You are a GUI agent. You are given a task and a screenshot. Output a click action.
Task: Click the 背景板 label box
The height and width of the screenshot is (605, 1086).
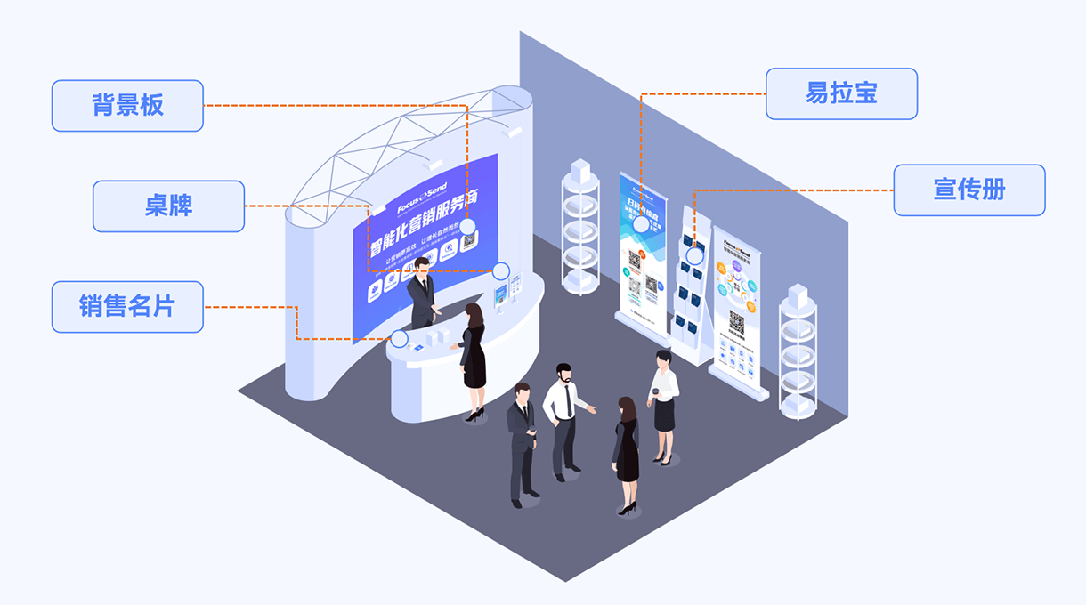tap(127, 106)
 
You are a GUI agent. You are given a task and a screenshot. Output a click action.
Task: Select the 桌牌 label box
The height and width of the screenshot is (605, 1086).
tap(168, 206)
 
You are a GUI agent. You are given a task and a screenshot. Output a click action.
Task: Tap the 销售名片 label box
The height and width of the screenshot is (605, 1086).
tap(127, 307)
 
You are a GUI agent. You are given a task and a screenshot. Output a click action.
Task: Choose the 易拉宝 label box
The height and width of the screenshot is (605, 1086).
tap(841, 93)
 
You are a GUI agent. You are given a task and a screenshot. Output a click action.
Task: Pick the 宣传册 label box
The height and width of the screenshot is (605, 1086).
tap(968, 190)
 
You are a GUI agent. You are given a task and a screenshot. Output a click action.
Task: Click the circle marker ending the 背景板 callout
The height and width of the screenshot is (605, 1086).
tap(467, 226)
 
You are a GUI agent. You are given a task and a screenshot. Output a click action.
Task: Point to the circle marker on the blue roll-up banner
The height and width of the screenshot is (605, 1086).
tap(641, 224)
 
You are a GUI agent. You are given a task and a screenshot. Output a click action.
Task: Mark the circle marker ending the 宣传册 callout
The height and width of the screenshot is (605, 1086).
tap(694, 256)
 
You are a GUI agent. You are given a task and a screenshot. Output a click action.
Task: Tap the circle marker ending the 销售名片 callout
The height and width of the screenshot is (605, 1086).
tap(400, 339)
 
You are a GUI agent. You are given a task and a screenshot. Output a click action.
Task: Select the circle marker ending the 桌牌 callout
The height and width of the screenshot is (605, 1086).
tap(501, 270)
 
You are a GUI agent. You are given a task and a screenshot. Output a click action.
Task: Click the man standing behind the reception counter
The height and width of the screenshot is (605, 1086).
tap(421, 294)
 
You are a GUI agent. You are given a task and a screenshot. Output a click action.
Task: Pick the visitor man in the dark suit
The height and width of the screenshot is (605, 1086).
tap(522, 440)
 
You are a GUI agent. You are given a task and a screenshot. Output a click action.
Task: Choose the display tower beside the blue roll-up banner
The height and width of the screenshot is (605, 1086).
tap(580, 227)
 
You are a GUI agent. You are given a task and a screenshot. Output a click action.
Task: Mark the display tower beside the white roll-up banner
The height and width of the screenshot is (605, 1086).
tap(797, 351)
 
